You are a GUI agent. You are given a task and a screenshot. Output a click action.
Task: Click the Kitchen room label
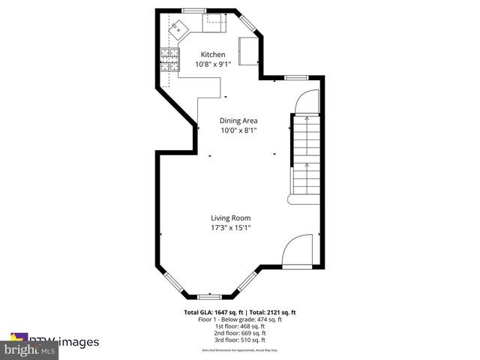212,55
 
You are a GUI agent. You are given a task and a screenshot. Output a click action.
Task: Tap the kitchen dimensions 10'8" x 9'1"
212,64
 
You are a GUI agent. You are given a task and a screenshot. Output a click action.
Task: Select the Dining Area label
238,121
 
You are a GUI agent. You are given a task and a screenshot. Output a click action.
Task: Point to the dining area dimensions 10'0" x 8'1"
238,130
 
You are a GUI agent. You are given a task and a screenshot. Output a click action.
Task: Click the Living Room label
230,218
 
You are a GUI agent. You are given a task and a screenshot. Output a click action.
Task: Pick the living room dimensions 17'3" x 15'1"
230,228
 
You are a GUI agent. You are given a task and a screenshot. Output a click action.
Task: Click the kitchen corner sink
179,30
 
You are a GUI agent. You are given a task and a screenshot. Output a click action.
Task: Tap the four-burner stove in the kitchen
169,59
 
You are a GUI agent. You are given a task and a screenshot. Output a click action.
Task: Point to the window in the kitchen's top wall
195,10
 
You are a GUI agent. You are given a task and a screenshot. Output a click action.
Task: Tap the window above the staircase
295,77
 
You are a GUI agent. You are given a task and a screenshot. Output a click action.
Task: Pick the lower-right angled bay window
246,283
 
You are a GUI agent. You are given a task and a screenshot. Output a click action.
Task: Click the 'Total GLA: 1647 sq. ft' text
211,313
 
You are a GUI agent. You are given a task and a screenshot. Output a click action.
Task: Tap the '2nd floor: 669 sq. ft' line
240,331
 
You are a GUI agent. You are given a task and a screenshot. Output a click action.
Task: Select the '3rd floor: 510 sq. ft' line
240,338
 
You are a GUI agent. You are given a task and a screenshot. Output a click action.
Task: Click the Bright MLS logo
30,349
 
